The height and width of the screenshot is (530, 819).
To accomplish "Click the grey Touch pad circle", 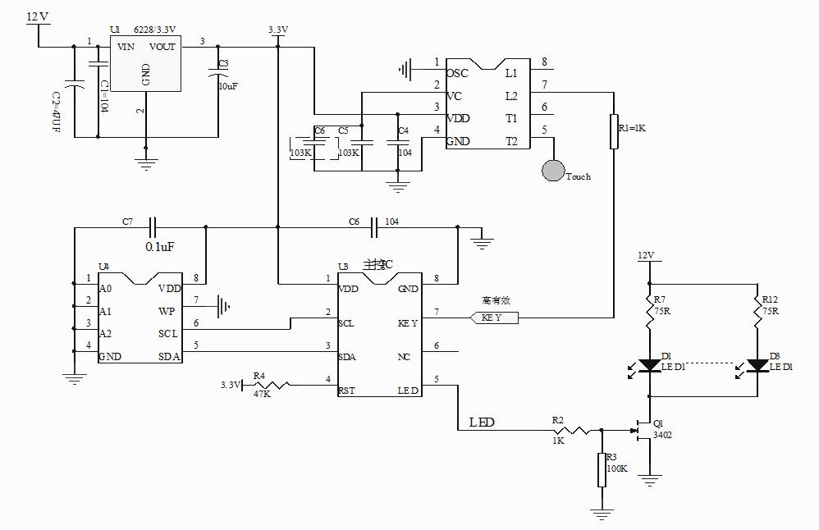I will pos(554,171).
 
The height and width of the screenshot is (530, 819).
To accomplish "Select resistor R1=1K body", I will pos(613,132).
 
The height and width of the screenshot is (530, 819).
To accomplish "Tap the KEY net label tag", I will pos(495,318).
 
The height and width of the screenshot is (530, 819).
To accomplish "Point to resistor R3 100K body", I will pos(602,469).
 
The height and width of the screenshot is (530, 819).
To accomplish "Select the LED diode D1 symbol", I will pos(649,365).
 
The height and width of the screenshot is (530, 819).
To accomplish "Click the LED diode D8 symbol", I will pos(756,365).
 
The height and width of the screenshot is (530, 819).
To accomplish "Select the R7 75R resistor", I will pos(649,313).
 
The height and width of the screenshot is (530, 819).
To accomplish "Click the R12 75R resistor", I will pos(756,313).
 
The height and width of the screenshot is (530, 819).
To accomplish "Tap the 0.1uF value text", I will pos(159,246).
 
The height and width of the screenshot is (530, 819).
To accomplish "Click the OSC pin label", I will pos(457,73).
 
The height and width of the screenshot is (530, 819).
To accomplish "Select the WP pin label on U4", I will pos(167,312).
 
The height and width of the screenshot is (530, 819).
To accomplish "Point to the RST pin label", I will pos(346,391).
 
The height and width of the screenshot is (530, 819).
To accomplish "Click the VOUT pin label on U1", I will pos(162,47).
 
